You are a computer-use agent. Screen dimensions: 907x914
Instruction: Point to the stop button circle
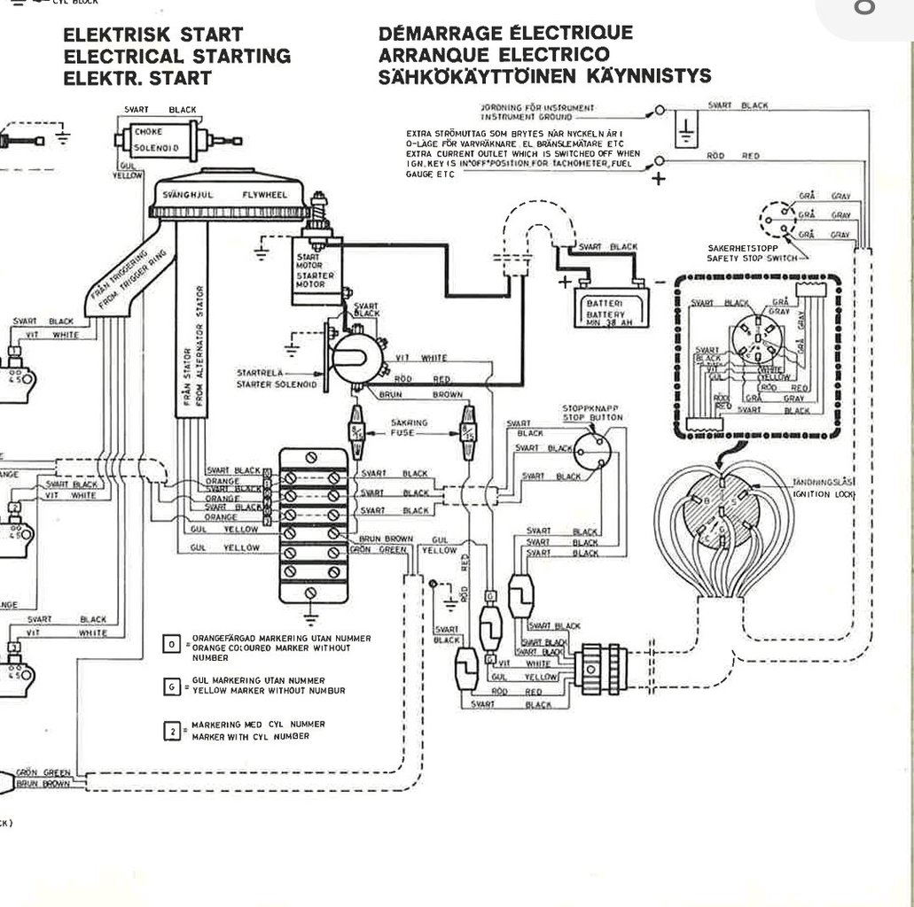point(592,450)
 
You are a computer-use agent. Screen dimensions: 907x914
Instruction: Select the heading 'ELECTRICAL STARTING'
point(176,56)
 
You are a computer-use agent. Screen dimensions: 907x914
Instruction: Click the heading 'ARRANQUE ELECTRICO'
point(494,55)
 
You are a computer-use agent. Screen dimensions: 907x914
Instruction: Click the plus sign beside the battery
point(564,283)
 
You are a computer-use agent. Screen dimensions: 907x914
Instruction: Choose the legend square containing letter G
point(173,686)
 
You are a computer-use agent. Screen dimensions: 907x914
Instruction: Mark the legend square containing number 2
point(173,731)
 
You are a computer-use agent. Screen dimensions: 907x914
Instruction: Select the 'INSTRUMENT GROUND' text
point(521,117)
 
